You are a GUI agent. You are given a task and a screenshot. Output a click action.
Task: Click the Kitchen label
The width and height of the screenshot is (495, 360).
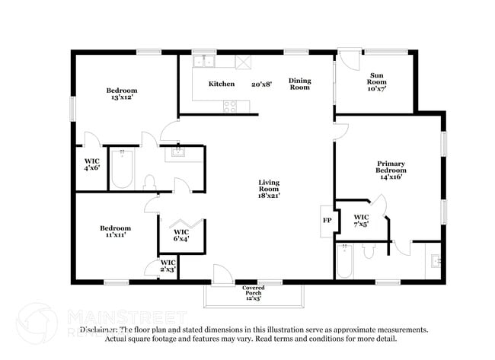[222, 84]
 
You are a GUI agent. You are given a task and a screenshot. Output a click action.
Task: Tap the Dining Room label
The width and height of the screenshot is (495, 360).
[299, 84]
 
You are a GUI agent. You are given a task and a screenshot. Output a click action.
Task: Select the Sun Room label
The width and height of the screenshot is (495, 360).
[376, 81]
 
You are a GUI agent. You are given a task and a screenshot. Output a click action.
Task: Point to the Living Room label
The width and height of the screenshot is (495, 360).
[269, 189]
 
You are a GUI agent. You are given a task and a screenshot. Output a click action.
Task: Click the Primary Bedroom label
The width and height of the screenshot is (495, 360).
[391, 170]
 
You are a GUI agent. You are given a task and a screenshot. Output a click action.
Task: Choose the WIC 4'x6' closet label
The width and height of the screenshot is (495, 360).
[92, 164]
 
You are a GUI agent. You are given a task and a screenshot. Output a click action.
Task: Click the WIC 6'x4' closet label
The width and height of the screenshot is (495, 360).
[181, 235]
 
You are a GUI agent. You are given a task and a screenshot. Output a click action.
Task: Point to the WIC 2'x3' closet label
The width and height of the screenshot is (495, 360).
[168, 266]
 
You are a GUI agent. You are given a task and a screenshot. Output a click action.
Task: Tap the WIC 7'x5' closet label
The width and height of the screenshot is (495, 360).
[362, 221]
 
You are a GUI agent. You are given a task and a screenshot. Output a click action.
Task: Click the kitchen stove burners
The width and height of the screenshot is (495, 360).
[228, 106]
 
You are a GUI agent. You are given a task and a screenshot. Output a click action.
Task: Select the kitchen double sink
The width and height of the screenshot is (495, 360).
[203, 62]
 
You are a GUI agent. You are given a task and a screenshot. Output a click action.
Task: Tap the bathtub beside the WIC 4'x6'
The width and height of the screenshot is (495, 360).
[122, 170]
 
